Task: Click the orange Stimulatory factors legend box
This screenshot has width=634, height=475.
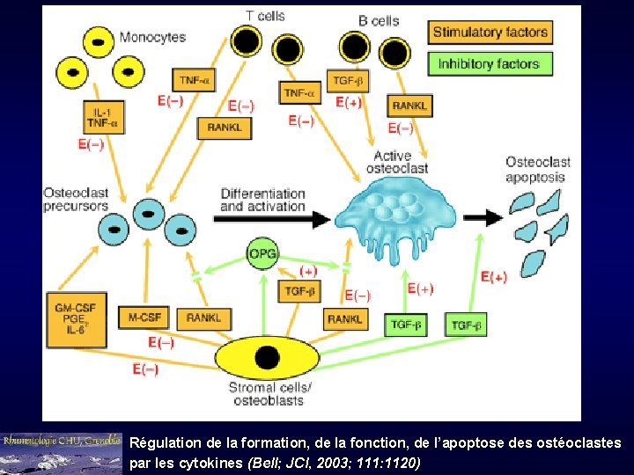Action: click(x=490, y=33)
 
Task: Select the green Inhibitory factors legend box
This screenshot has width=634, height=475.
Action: click(x=489, y=63)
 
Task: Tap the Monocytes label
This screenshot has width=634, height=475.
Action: click(x=152, y=37)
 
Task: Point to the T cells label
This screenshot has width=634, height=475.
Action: click(x=265, y=15)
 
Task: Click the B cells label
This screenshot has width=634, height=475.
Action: click(x=379, y=19)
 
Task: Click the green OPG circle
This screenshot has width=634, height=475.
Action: click(x=262, y=254)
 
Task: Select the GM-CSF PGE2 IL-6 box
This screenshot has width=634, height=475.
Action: click(x=76, y=318)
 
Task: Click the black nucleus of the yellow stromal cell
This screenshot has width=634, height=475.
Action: click(x=267, y=358)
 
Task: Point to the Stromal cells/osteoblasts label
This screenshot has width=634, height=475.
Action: click(x=269, y=394)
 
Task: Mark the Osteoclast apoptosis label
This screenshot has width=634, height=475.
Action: click(x=537, y=169)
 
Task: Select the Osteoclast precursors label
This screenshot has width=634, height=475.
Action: click(x=76, y=199)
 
